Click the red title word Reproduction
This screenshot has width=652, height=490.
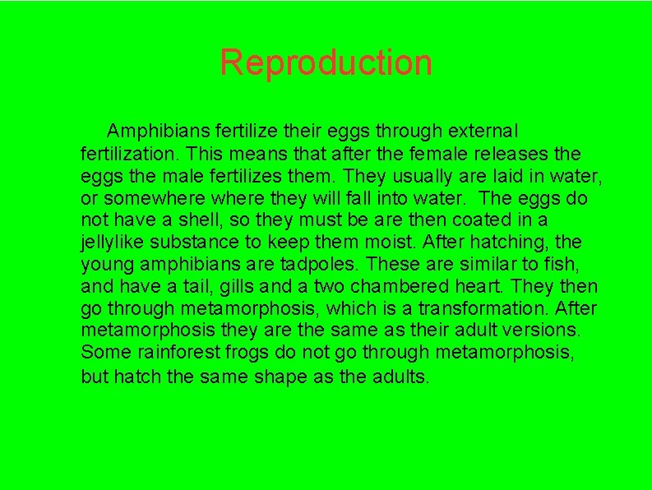click(x=326, y=62)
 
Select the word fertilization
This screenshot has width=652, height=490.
click(x=127, y=154)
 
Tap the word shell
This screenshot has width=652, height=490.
click(x=216, y=220)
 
